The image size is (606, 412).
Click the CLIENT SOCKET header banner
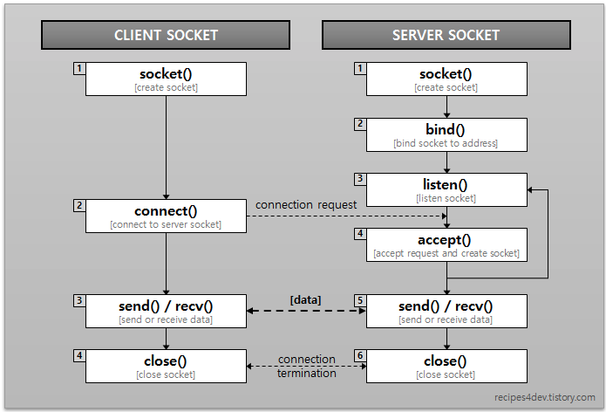166,35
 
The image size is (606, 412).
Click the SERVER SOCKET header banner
446,35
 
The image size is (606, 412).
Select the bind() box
446,134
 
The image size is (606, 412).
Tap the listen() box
446,189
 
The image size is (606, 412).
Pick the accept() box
446,245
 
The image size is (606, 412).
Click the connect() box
166,216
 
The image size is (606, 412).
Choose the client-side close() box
166,366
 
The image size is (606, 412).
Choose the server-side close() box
446,366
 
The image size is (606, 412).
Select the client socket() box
166,79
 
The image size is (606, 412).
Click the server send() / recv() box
446,311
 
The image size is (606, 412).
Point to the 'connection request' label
306,204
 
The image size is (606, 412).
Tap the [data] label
305,299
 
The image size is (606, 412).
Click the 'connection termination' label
306,366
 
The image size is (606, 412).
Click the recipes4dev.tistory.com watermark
545,397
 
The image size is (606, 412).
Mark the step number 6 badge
360,355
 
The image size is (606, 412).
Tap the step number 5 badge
360,300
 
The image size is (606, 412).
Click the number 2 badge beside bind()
360,124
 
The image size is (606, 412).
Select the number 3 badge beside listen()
360,179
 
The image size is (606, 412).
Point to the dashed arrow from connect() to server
347,216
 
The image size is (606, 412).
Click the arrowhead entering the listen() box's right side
530,189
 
